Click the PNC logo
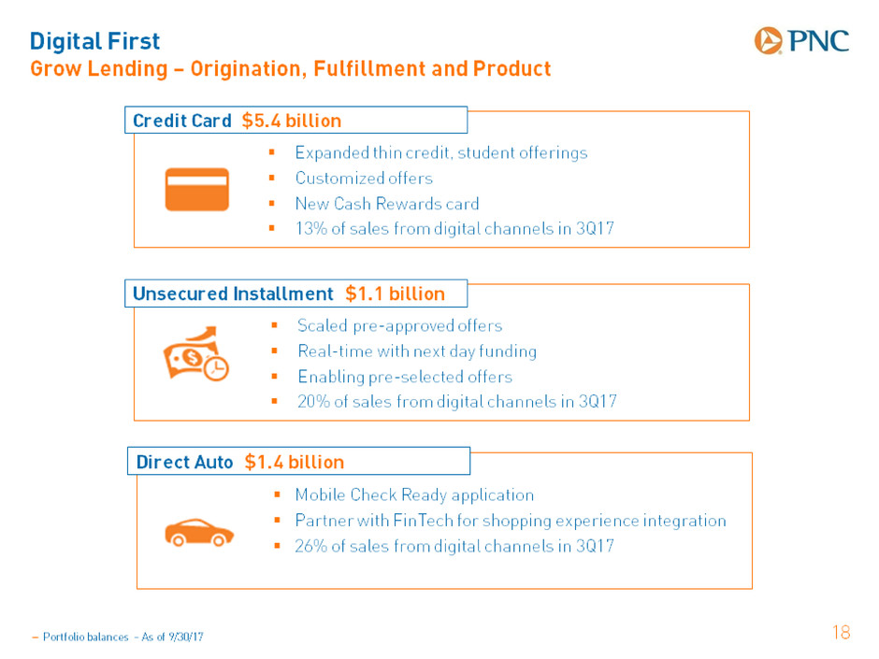(801, 40)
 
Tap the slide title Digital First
(94, 41)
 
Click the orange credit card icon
(196, 190)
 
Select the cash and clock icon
(196, 353)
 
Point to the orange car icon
(199, 533)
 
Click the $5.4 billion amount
(292, 121)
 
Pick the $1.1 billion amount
(396, 294)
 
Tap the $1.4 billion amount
(295, 462)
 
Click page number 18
(842, 632)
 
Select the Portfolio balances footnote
(118, 637)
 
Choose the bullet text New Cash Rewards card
(387, 204)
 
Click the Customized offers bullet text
(364, 179)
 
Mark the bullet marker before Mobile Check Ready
(277, 494)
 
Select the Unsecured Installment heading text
(233, 294)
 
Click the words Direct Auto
(184, 462)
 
